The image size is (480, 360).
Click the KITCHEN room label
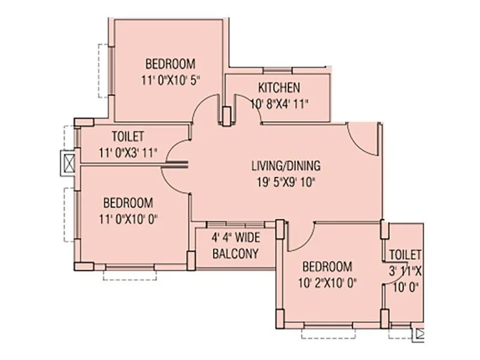point(279,88)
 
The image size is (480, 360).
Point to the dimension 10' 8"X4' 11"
point(279,103)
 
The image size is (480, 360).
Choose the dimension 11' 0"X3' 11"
point(128,152)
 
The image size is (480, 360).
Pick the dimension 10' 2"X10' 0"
point(326,283)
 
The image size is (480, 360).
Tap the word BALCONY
point(236,253)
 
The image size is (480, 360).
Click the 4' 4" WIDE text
point(236,238)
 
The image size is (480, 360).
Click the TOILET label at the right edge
point(405,254)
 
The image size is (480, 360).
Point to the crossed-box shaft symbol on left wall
point(68,162)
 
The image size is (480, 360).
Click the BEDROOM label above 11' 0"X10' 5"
point(170,64)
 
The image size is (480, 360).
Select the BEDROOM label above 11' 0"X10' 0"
point(127,203)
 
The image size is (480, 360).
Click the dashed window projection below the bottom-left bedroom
point(130,275)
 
